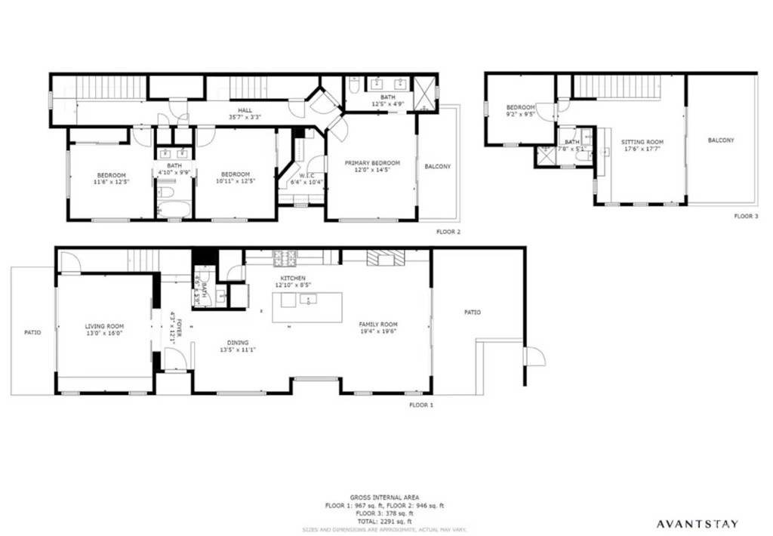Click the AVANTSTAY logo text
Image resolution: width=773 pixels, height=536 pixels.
pyautogui.click(x=696, y=523)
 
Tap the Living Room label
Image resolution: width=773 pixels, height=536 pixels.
pyautogui.click(x=104, y=326)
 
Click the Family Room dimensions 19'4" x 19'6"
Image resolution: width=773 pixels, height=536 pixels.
pyautogui.click(x=377, y=331)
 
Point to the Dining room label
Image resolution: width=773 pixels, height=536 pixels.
pyautogui.click(x=239, y=343)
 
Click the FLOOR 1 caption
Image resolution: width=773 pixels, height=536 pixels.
pyautogui.click(x=421, y=405)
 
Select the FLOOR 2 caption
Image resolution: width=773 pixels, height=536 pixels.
pyautogui.click(x=448, y=232)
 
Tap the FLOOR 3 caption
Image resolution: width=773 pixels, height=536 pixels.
pyautogui.click(x=745, y=216)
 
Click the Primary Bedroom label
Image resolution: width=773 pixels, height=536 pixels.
pyautogui.click(x=372, y=163)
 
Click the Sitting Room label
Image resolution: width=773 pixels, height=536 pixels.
pyautogui.click(x=642, y=142)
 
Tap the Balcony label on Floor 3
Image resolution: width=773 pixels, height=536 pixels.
pyautogui.click(x=721, y=140)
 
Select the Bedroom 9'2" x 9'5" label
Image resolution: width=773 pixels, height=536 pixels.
pyautogui.click(x=520, y=107)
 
